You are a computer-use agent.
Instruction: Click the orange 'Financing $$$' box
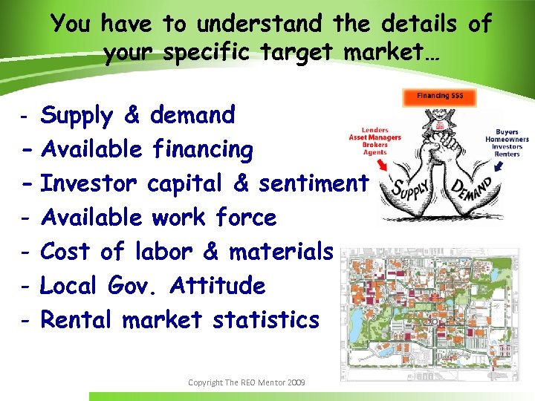438,97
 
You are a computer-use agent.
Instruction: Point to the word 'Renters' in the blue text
508,154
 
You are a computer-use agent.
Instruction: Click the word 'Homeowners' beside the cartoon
508,139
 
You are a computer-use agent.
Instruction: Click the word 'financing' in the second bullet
201,149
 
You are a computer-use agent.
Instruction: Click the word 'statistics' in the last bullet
265,320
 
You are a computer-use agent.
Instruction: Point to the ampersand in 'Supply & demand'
132,116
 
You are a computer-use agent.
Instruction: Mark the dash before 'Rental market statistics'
25,321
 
